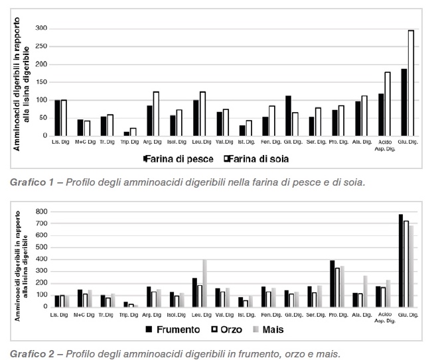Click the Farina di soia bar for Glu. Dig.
[411, 83]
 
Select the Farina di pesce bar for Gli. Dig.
[289, 116]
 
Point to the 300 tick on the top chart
[41, 29]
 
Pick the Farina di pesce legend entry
[176, 159]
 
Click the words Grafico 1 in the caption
[26, 180]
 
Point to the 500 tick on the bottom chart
[41, 247]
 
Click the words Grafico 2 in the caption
[26, 353]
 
